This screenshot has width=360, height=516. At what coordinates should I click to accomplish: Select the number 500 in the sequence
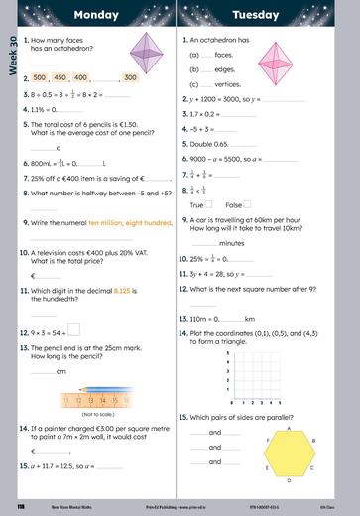(x=41, y=77)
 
